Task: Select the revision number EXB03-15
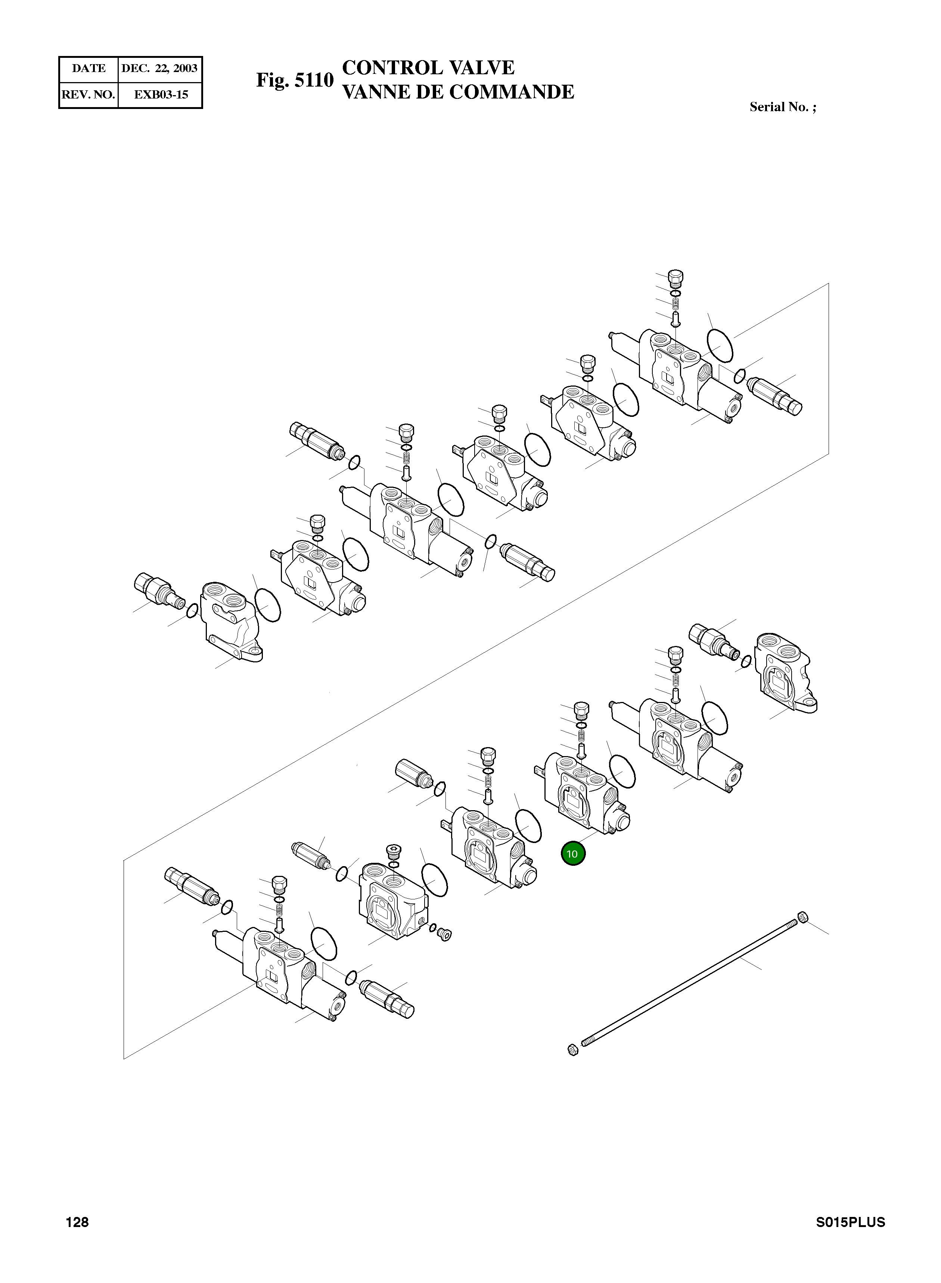click(x=161, y=94)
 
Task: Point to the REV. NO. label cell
click(x=89, y=94)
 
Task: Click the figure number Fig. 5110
click(x=295, y=80)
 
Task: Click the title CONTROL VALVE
click(x=428, y=68)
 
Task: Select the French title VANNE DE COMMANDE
click(x=458, y=92)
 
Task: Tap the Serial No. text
click(x=783, y=107)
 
